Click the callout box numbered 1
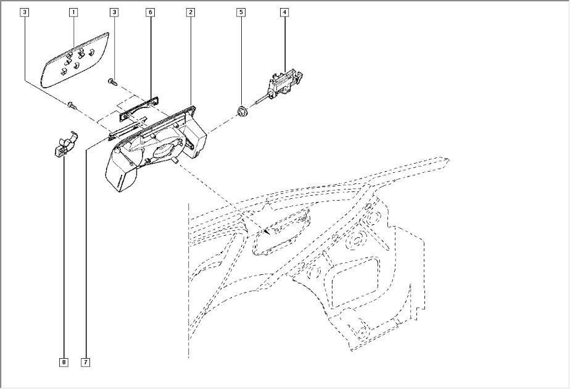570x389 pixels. click(73, 12)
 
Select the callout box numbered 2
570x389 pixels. click(191, 12)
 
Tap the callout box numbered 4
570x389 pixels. click(284, 12)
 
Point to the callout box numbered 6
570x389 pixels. click(150, 12)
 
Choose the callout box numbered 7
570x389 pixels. click(85, 362)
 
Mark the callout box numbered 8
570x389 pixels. click(64, 362)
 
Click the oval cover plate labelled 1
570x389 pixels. click(74, 60)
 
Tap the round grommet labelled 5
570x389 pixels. click(242, 111)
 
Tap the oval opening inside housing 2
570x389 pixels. click(163, 150)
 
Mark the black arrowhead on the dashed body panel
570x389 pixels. click(266, 230)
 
